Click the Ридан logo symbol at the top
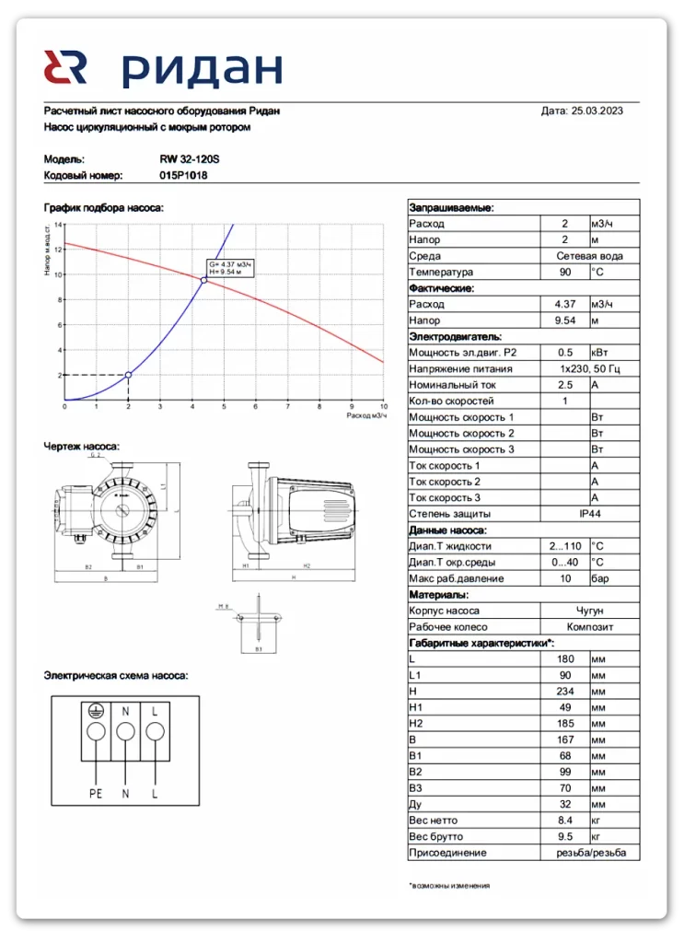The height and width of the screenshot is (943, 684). tap(65, 69)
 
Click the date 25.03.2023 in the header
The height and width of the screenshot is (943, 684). tap(597, 111)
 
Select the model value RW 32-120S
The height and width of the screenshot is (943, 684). tap(190, 158)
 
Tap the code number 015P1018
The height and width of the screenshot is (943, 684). tap(183, 175)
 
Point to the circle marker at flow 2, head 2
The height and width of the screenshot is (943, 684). tap(128, 375)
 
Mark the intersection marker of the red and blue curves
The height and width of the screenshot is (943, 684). tap(203, 280)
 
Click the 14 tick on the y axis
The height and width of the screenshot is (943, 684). tap(58, 225)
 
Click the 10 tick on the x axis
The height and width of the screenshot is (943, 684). tap(383, 407)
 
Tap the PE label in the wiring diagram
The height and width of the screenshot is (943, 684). tap(94, 792)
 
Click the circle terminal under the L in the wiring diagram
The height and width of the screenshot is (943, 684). tap(155, 732)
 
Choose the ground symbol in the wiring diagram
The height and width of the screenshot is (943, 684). tap(94, 711)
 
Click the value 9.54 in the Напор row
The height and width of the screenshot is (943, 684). tap(564, 320)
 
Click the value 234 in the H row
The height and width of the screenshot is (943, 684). tap(564, 692)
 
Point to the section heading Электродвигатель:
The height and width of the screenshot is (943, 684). tap(456, 337)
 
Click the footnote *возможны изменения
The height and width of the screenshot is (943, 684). tap(449, 885)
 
